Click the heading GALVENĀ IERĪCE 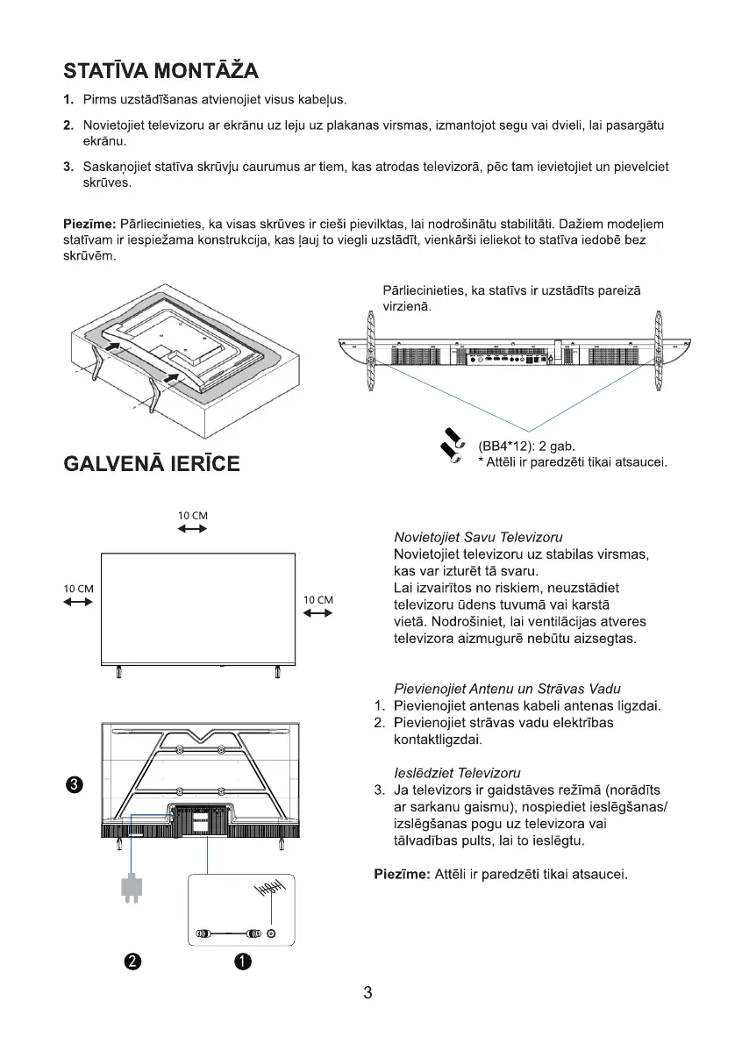click(x=152, y=463)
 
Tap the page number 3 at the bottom click(x=367, y=994)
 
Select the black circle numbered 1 click(x=243, y=962)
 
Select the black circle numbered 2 click(x=132, y=962)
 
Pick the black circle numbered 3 click(x=76, y=783)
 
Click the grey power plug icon click(x=132, y=888)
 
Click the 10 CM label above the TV click(x=193, y=515)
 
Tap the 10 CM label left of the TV click(x=79, y=588)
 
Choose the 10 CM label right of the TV click(x=318, y=600)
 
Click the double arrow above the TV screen click(x=193, y=529)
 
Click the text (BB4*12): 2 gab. click(x=526, y=446)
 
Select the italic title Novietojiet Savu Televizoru click(x=478, y=537)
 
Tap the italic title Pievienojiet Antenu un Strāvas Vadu click(x=513, y=689)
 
